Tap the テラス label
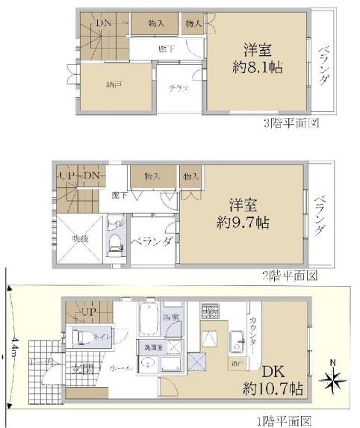178,88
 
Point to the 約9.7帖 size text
244,223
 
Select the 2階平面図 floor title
290,275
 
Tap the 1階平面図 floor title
285,421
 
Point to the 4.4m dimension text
13,346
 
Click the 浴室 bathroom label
171,317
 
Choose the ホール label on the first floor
117,368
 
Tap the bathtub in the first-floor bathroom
149,319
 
